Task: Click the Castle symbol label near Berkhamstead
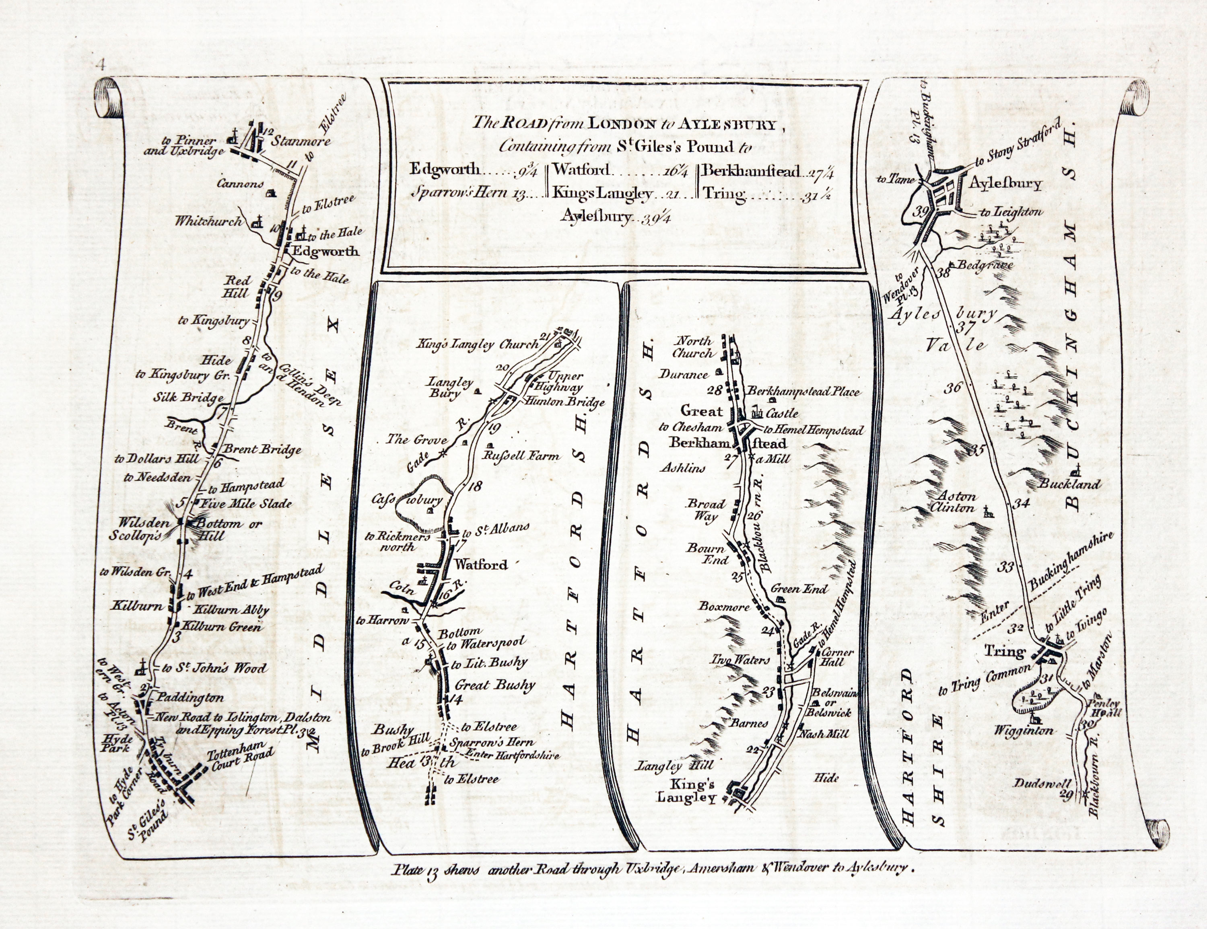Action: (x=782, y=413)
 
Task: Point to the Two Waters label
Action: (x=740, y=660)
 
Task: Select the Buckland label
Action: (x=1071, y=484)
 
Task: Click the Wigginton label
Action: (x=1024, y=730)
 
